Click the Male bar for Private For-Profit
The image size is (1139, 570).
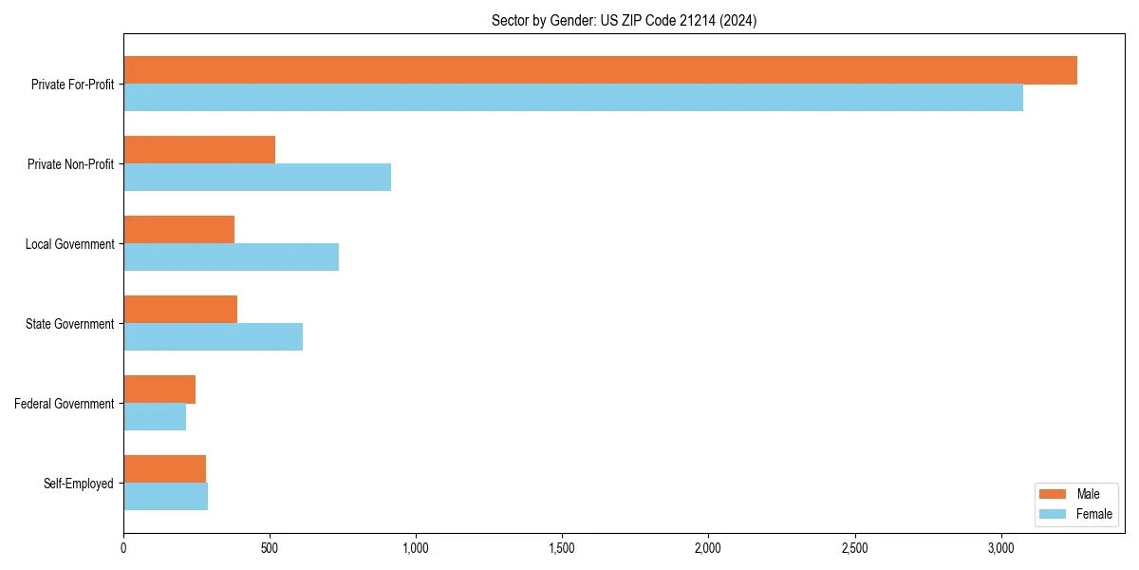600,70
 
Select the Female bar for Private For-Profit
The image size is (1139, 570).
573,98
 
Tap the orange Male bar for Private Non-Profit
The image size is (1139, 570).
199,150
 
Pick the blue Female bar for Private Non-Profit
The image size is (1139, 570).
257,178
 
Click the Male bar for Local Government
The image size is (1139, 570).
178,230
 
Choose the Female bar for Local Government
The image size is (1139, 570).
231,257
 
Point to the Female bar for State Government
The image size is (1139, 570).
213,337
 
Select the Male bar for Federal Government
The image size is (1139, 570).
159,389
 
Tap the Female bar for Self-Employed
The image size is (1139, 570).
165,497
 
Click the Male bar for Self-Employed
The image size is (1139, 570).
164,469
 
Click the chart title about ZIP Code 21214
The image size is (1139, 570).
624,20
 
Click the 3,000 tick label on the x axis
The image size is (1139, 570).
1001,548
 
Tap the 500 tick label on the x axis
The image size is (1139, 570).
270,548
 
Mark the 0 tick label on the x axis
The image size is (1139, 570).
123,548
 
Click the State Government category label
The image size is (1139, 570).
69,324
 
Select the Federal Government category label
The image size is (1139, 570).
65,404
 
